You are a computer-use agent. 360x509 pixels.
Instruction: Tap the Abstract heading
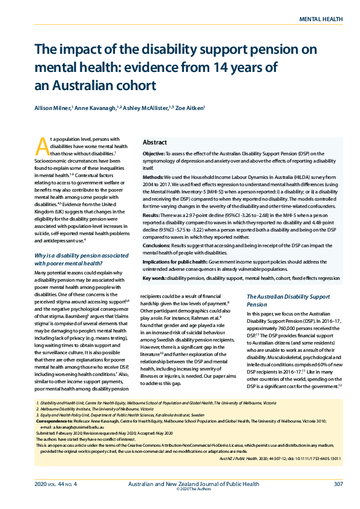click(x=155, y=143)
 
